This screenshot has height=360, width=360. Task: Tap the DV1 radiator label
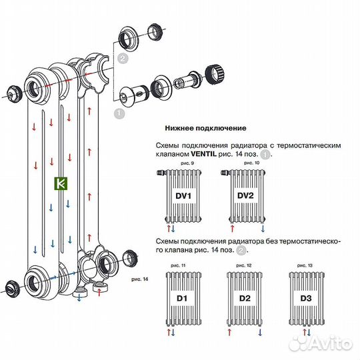click(x=184, y=197)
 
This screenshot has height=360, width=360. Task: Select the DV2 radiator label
click(x=246, y=197)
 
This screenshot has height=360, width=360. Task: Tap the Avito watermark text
click(x=327, y=343)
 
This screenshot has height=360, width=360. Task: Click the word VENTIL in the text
click(x=197, y=153)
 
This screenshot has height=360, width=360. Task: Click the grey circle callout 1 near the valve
click(x=119, y=113)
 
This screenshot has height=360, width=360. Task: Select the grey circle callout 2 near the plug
click(x=122, y=59)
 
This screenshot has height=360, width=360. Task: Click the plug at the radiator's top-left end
click(x=13, y=94)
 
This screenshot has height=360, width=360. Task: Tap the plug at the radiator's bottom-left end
click(x=12, y=289)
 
